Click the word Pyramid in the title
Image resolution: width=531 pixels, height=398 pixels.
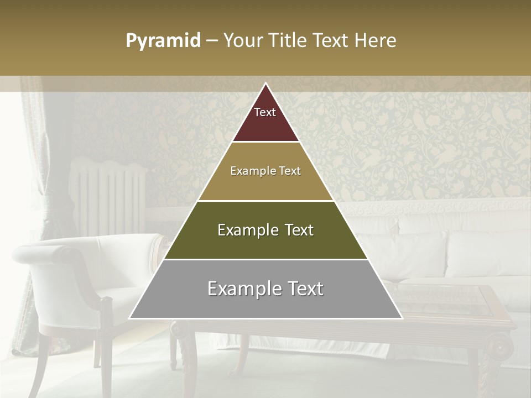[163, 41]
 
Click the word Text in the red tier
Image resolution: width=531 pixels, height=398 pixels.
[265, 112]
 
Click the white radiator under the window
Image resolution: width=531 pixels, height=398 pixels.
[111, 193]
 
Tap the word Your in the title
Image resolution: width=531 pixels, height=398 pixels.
[244, 41]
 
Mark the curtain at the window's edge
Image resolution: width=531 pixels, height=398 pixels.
[30, 221]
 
